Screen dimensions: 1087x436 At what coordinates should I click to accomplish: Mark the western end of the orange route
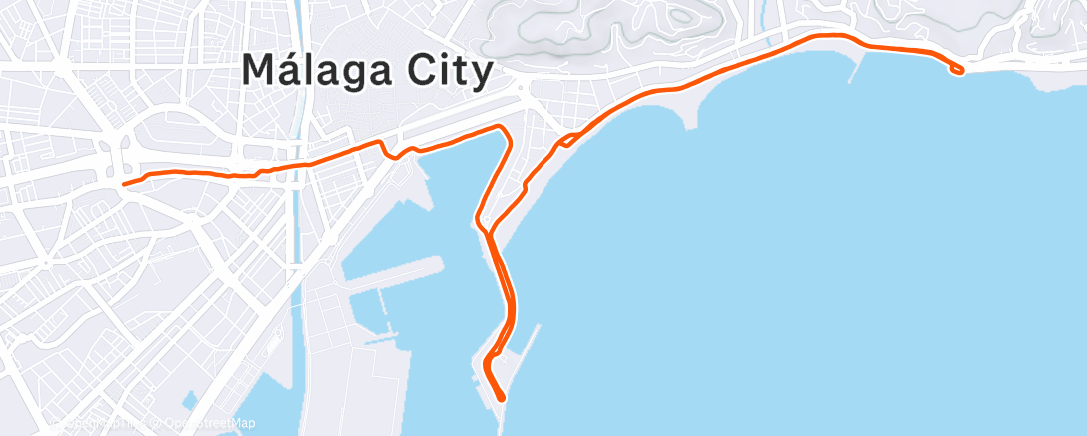tap(123, 184)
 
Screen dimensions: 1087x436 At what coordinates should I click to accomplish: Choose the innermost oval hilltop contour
tap(683, 15)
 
